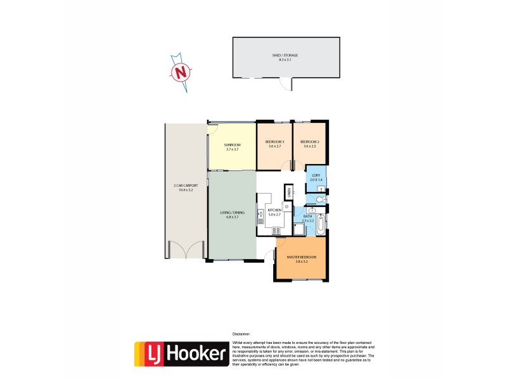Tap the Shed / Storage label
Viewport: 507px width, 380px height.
pyautogui.click(x=285, y=57)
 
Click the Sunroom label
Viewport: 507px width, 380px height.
pyautogui.click(x=232, y=147)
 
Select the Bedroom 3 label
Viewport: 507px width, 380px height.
pyautogui.click(x=275, y=144)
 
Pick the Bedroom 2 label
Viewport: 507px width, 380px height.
pyautogui.click(x=309, y=144)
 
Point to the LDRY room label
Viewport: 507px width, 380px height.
pyautogui.click(x=316, y=177)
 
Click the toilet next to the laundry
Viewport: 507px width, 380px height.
pyautogui.click(x=322, y=200)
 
